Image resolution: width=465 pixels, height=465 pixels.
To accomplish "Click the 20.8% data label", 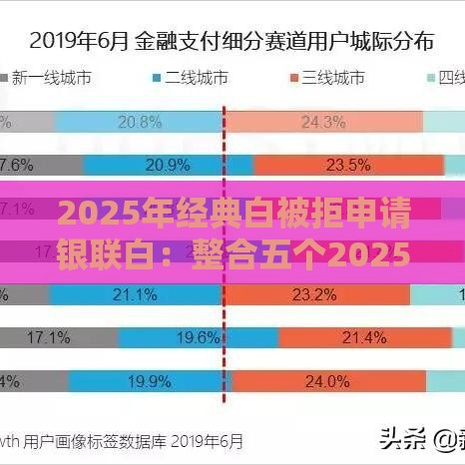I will coord(140,122).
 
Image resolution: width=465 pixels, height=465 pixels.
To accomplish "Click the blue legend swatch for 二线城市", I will coord(157,78).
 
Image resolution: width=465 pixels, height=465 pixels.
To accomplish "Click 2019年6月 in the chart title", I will coord(77,41).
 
